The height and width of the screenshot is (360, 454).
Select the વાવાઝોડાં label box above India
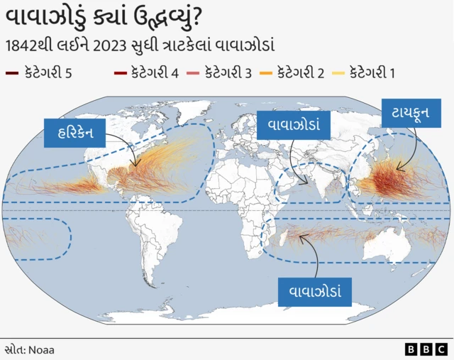coord(293,125)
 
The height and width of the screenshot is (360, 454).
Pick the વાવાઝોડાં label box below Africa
coord(316,292)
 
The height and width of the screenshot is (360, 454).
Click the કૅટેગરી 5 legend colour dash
coord(12,73)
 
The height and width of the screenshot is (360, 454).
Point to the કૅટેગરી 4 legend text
coord(155,73)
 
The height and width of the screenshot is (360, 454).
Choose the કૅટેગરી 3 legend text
coord(228,73)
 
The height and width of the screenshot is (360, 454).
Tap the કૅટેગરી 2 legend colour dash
coord(266,73)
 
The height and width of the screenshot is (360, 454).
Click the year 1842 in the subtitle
coord(22,45)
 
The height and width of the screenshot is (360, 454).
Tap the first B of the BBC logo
coord(411,349)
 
